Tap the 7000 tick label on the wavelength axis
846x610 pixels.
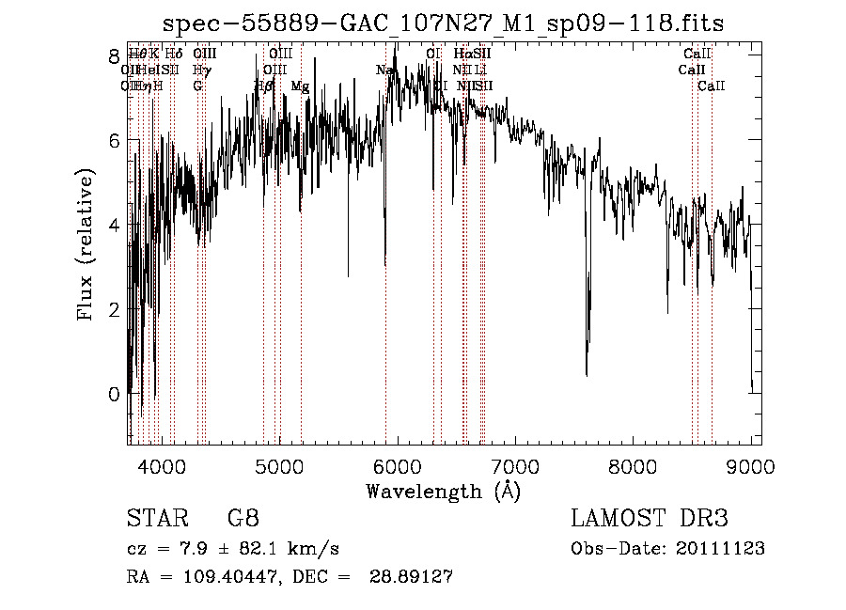[515, 466]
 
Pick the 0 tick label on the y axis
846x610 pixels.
[114, 394]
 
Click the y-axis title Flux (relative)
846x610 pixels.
[86, 243]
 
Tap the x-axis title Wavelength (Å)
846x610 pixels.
[443, 491]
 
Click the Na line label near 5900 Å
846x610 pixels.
[384, 70]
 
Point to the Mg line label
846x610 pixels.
[300, 86]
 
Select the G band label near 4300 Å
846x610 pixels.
[197, 86]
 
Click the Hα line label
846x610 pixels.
[462, 55]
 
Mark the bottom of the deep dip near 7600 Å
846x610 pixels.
[587, 375]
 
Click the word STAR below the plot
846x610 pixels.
[154, 518]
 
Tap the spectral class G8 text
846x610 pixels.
[243, 518]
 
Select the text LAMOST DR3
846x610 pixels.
[650, 518]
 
